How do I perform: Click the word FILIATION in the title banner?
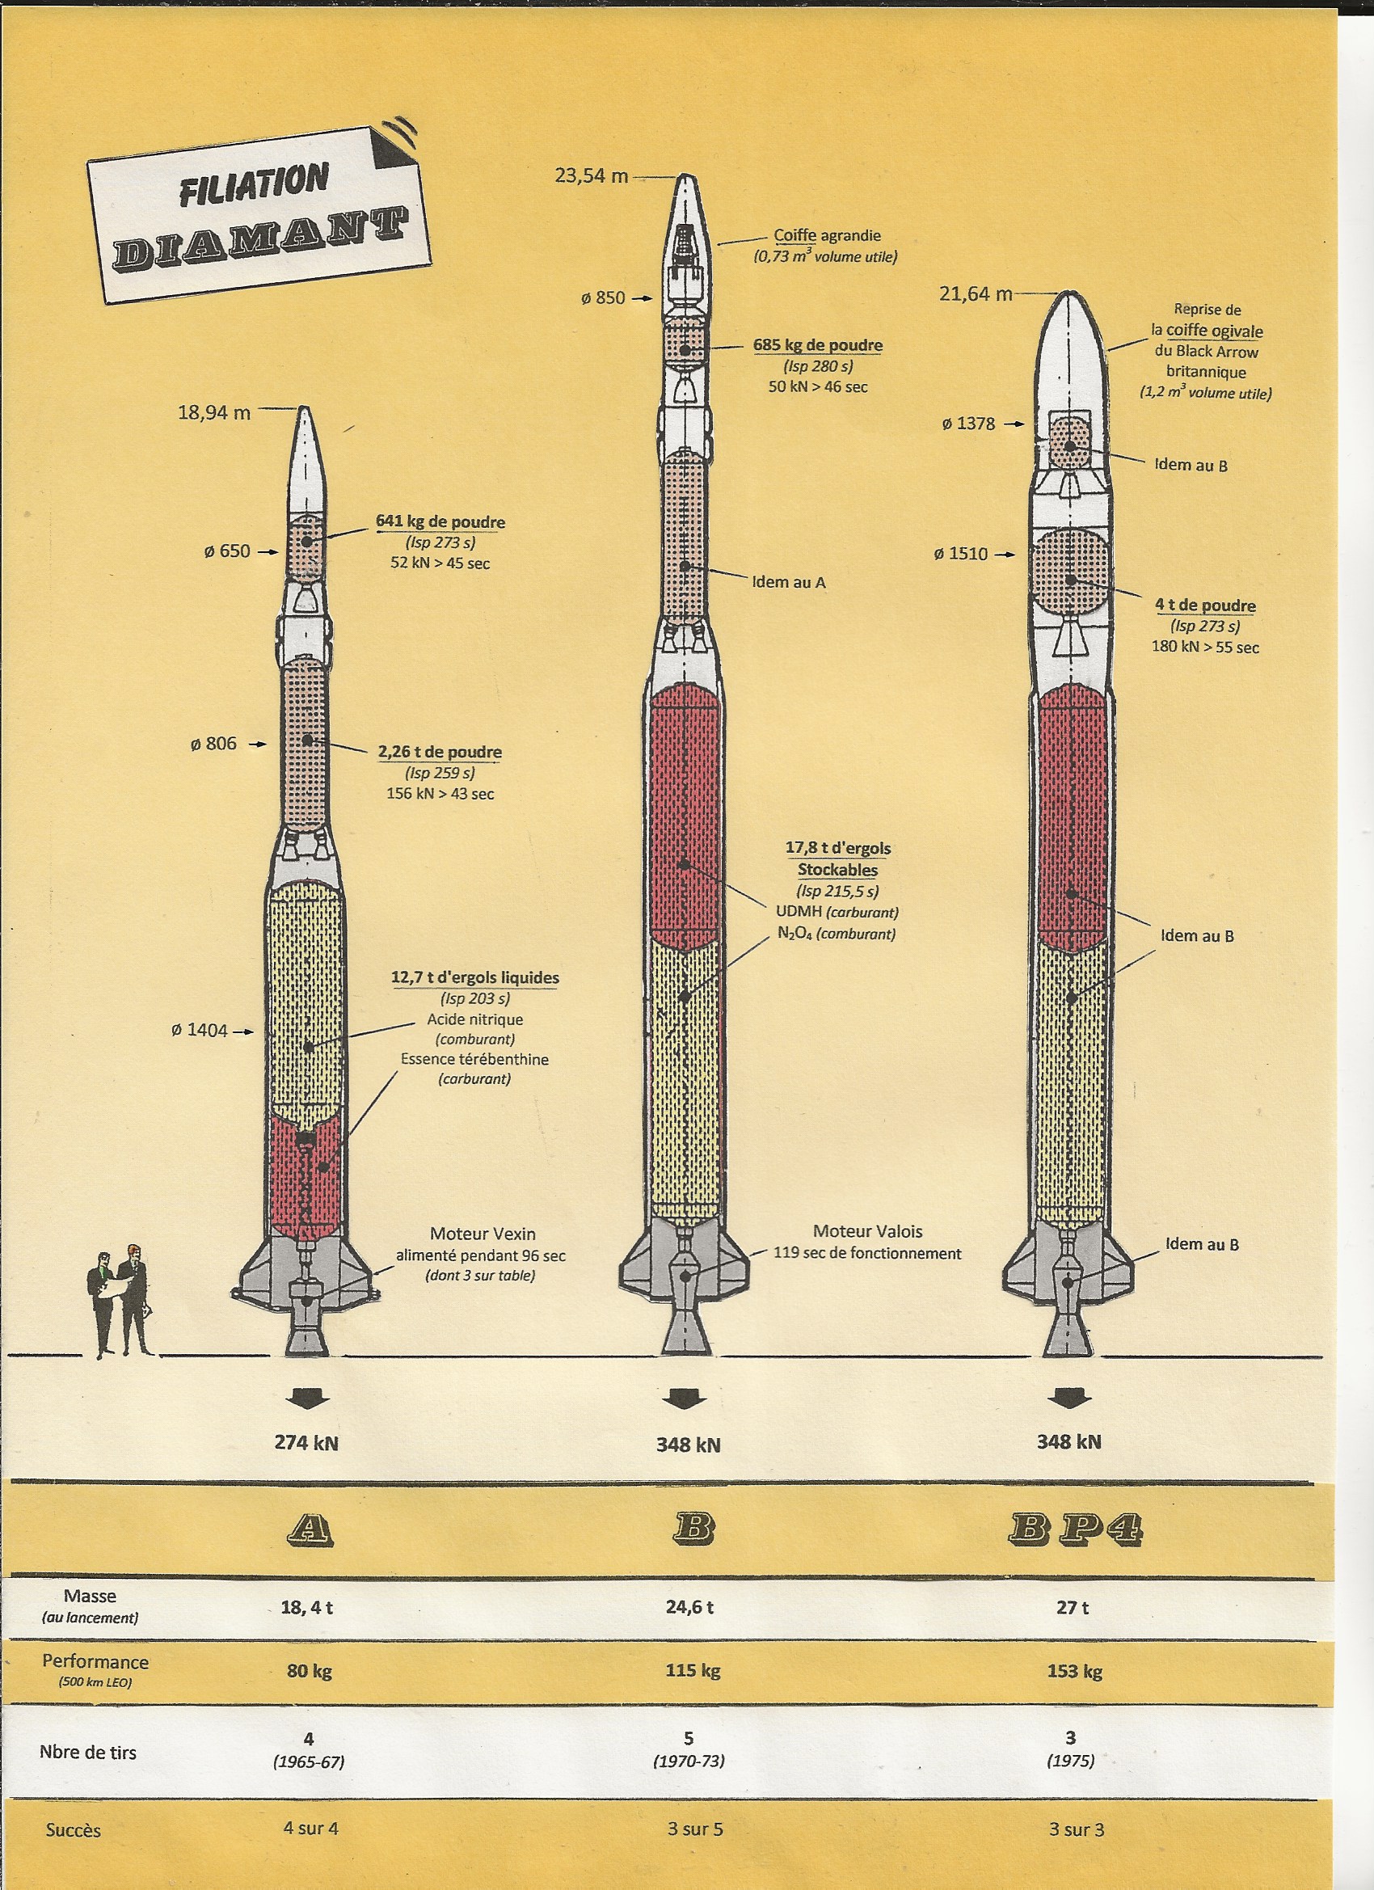pos(253,184)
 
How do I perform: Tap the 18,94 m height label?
pos(214,412)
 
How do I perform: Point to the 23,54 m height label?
pos(592,176)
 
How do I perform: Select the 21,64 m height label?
pos(975,294)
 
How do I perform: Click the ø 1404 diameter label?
pos(199,1031)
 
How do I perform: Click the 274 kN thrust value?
pos(306,1442)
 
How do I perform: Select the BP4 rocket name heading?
pos(1075,1528)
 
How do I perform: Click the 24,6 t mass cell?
pos(689,1608)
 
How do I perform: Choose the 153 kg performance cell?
pos(1074,1672)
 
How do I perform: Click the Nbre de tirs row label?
pos(87,1753)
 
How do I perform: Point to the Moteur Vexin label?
pos(483,1234)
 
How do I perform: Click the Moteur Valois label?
pos(867,1232)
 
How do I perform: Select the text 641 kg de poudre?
pos(440,522)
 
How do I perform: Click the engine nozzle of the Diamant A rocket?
pos(306,1331)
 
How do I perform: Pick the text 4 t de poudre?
pos(1205,605)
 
